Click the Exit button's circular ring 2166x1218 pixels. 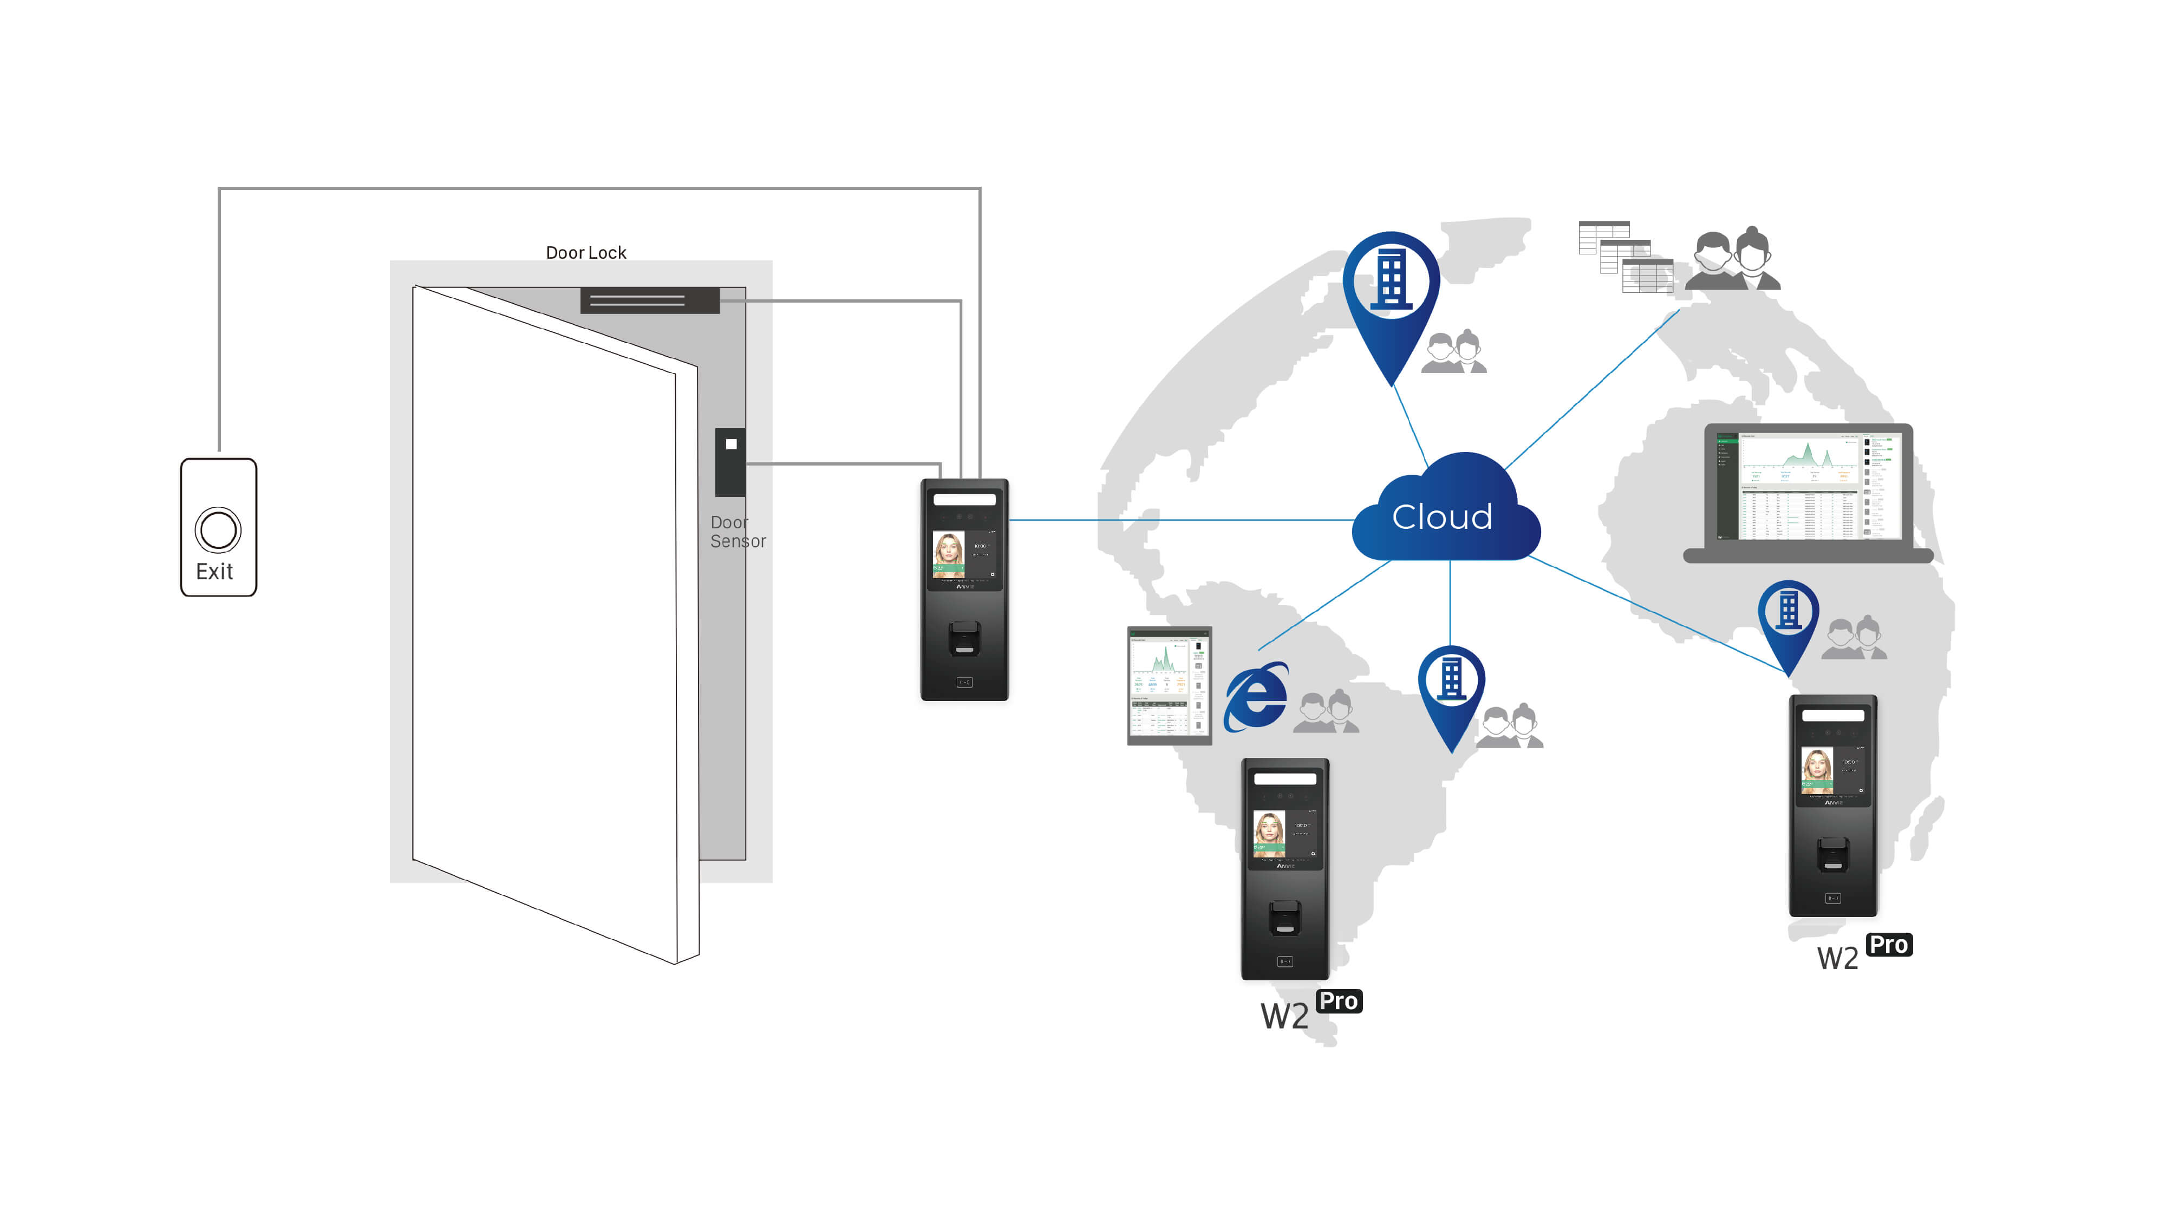(218, 529)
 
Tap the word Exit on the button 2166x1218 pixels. (214, 572)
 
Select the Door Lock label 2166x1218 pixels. (586, 252)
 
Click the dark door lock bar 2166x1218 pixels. (649, 300)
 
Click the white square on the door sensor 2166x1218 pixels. (730, 444)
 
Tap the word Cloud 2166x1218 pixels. (1442, 516)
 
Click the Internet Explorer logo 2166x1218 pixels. (1255, 696)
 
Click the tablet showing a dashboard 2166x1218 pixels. (1169, 685)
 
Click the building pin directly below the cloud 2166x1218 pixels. (1451, 685)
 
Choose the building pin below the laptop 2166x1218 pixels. (1789, 618)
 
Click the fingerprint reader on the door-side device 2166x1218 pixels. (964, 639)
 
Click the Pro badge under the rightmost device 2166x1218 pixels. (1889, 945)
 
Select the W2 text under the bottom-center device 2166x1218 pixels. (1284, 1016)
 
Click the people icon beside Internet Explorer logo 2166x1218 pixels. (1326, 712)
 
